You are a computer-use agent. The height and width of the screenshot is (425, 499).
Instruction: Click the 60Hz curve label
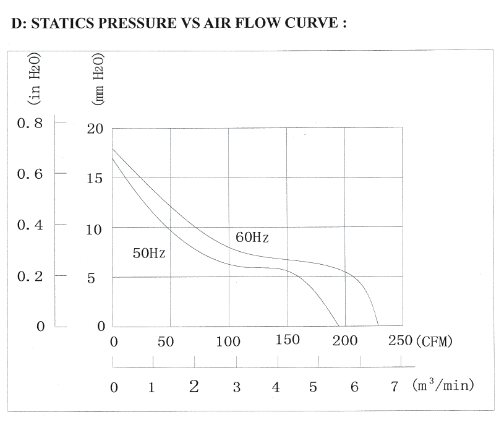pos(252,238)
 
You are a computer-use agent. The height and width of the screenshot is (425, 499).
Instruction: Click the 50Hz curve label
pos(148,253)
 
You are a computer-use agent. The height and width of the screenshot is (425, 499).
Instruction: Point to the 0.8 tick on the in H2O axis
pos(30,123)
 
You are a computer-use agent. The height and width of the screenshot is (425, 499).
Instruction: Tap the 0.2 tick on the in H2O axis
pos(30,276)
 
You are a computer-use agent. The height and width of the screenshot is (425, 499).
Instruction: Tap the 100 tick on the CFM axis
pos(229,341)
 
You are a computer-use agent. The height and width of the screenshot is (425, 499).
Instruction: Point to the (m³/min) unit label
pos(443,385)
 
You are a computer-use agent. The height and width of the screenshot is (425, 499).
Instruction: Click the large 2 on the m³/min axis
pos(194,387)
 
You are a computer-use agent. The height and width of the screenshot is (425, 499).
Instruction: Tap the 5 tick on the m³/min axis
pos(313,388)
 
